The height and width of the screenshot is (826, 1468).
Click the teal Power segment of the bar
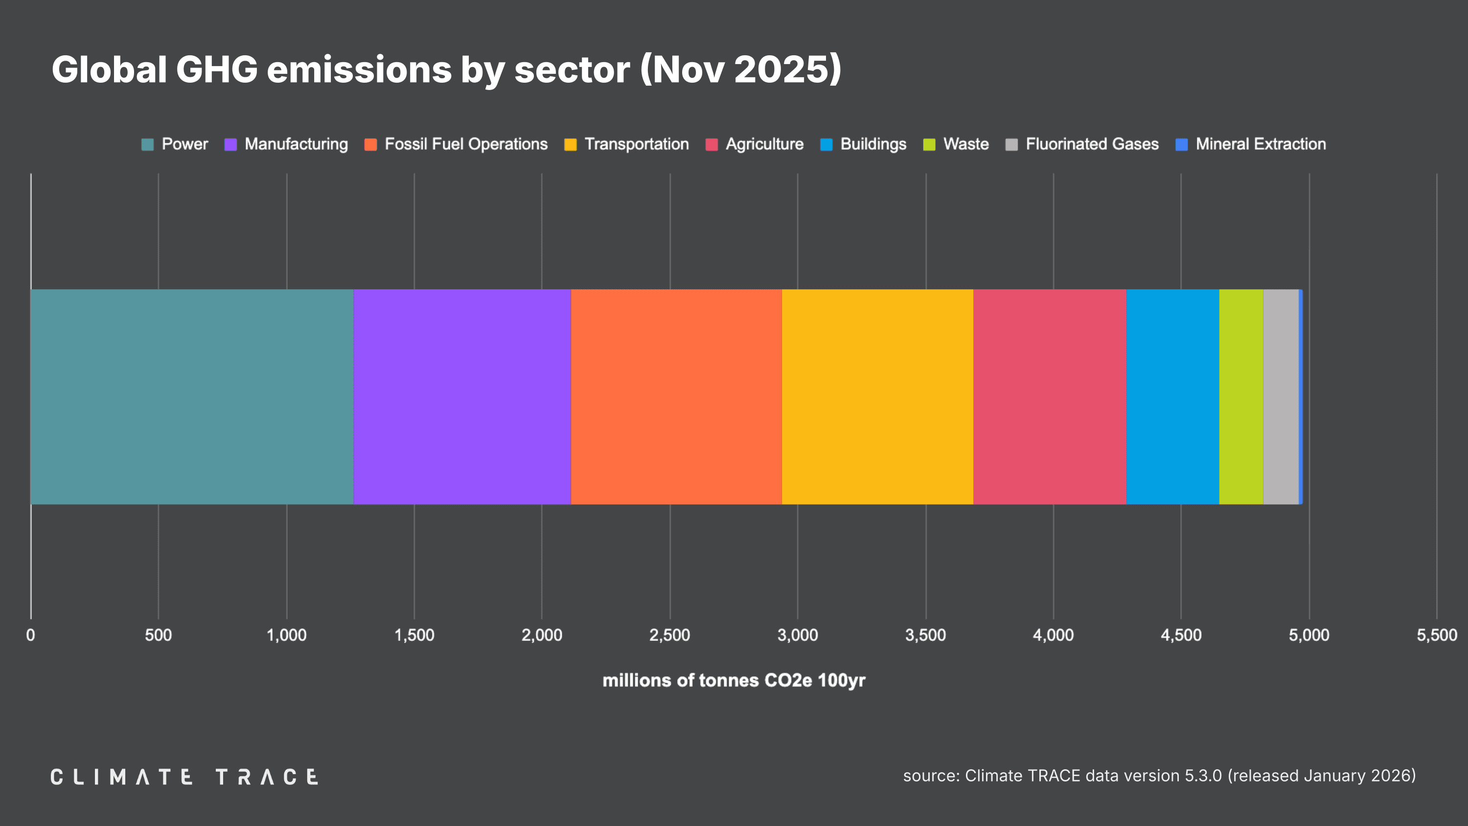coord(192,397)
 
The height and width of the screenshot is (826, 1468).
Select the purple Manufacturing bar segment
coord(462,397)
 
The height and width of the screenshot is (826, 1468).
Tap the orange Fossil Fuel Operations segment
coord(676,397)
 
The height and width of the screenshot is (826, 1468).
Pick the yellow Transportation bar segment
coord(877,397)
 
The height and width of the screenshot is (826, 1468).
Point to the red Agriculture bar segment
coord(1050,397)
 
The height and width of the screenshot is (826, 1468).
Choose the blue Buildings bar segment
coord(1173,397)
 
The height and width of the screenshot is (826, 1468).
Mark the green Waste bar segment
coord(1241,397)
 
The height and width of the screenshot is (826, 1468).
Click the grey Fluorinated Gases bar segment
coord(1281,397)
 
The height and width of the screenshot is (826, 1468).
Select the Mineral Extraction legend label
coord(1261,144)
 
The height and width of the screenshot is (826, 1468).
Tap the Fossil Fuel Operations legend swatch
coord(370,145)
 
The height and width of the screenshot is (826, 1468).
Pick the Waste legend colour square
coord(929,145)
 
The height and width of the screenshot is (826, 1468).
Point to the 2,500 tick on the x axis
coord(669,635)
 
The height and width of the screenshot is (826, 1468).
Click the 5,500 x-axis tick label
coord(1437,635)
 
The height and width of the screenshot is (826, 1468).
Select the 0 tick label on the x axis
coord(31,635)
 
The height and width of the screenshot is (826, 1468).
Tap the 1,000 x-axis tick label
coord(287,635)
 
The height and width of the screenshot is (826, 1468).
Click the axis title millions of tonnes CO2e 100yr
coord(734,681)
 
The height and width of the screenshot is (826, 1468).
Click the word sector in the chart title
coord(572,69)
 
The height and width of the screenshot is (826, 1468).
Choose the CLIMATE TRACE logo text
coord(184,777)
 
